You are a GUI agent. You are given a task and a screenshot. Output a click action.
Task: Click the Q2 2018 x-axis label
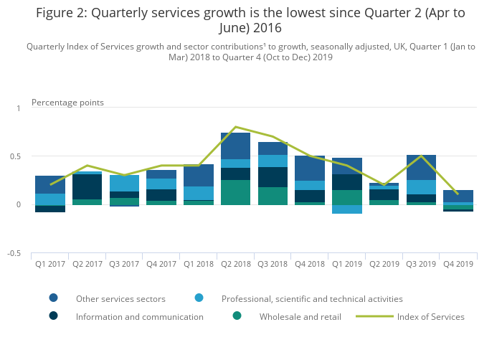pos(235,264)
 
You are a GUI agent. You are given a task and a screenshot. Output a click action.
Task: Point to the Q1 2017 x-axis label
pos(50,264)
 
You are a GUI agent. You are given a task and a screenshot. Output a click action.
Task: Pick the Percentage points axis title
pos(67,103)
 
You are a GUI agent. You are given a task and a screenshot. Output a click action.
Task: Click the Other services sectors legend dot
pos(53,298)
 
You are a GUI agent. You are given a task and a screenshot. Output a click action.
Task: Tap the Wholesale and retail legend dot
pos(237,316)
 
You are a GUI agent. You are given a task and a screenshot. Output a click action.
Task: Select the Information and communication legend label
pos(139,316)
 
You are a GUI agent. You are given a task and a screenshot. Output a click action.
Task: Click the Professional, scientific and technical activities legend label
pos(312,298)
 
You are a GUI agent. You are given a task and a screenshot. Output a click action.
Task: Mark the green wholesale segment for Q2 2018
pos(235,192)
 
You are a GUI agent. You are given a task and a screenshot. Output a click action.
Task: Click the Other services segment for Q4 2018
pos(309,168)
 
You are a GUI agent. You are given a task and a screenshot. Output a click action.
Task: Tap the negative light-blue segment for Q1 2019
pos(346,209)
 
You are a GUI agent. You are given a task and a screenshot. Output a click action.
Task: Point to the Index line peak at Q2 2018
pos(235,127)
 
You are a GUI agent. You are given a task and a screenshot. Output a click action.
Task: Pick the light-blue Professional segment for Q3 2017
pos(124,183)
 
